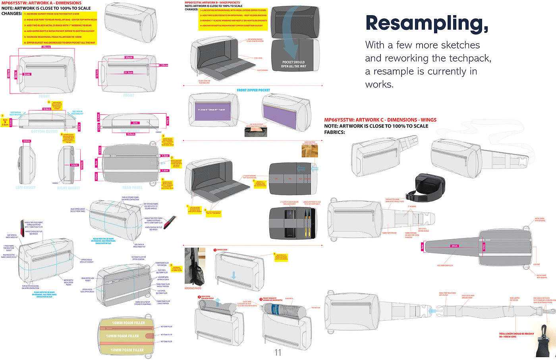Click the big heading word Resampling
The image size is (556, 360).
(427, 23)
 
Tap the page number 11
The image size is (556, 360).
(278, 352)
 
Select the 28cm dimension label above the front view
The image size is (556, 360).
(46, 47)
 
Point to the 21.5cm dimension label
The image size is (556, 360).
(128, 73)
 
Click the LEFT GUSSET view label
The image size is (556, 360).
(25, 188)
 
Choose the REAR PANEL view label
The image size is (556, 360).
(132, 188)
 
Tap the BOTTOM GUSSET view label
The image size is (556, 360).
(44, 131)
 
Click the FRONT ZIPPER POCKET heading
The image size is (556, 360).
(253, 90)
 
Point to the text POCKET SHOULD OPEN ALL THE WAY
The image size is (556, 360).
(293, 64)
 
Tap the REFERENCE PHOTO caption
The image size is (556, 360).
(193, 288)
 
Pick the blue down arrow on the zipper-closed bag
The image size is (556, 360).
(234, 275)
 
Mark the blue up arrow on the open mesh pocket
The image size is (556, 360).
(218, 304)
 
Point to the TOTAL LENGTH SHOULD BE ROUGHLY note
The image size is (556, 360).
(516, 335)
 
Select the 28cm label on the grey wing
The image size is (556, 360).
(454, 246)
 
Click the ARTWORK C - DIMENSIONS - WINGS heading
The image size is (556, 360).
(380, 120)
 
